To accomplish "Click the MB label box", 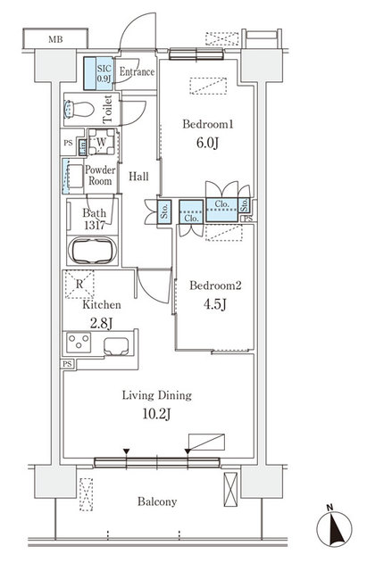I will coord(55,39).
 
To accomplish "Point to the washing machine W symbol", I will coord(100,143).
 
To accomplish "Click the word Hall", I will coord(138,177).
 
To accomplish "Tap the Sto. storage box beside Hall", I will coord(165,211).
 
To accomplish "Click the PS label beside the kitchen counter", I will coord(67,364).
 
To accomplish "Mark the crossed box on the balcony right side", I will coord(229,490).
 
